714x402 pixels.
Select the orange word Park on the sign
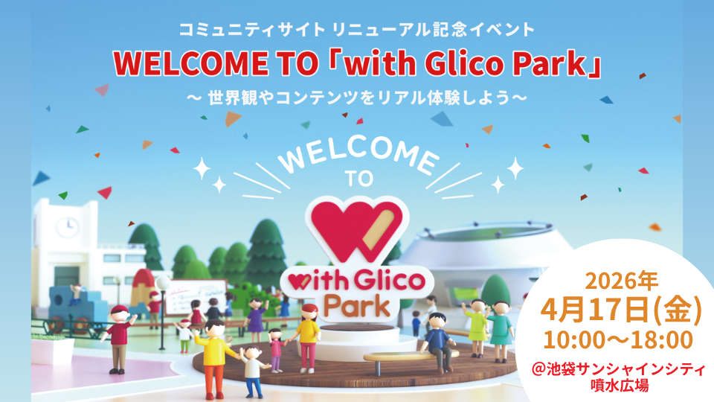(x=355, y=306)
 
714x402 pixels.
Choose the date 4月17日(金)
(x=624, y=310)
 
